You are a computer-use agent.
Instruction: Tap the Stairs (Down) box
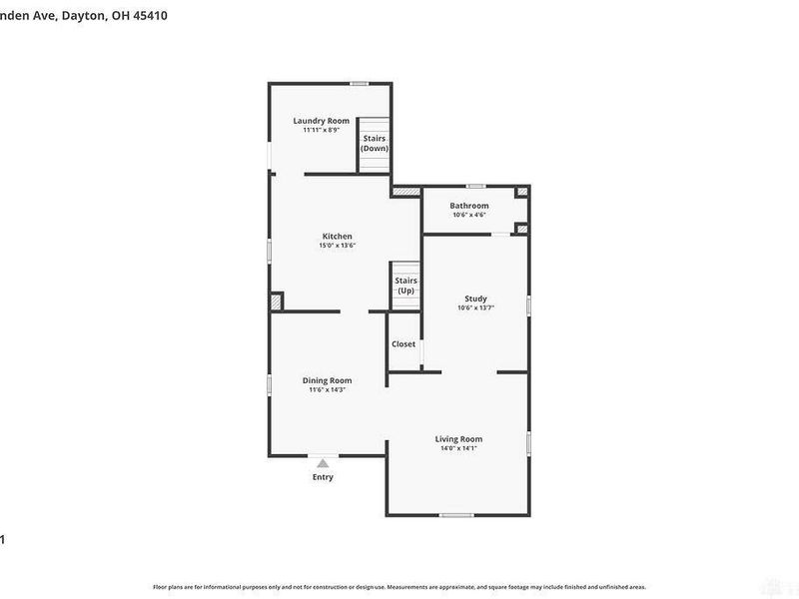pos(375,144)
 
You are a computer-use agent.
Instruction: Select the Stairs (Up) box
pos(405,286)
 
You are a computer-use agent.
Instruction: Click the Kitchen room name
pos(337,237)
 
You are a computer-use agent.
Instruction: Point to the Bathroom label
pos(468,206)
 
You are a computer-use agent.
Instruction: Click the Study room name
pos(475,299)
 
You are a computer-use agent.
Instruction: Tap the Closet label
pos(403,344)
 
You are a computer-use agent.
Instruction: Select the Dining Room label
pos(327,380)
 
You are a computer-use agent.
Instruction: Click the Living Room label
pos(458,439)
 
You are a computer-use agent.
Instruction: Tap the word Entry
pos(323,477)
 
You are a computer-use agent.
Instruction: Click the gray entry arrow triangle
pos(323,463)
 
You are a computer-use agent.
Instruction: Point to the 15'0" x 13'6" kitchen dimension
pos(337,246)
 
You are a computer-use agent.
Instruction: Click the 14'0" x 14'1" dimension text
pos(458,448)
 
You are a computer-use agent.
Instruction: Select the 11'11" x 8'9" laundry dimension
pos(322,130)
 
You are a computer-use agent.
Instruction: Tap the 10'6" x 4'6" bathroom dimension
pos(468,215)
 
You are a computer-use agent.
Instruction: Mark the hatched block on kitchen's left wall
pos(277,300)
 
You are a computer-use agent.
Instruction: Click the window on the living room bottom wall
pos(456,515)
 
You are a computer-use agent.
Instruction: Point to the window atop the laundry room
pos(359,83)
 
